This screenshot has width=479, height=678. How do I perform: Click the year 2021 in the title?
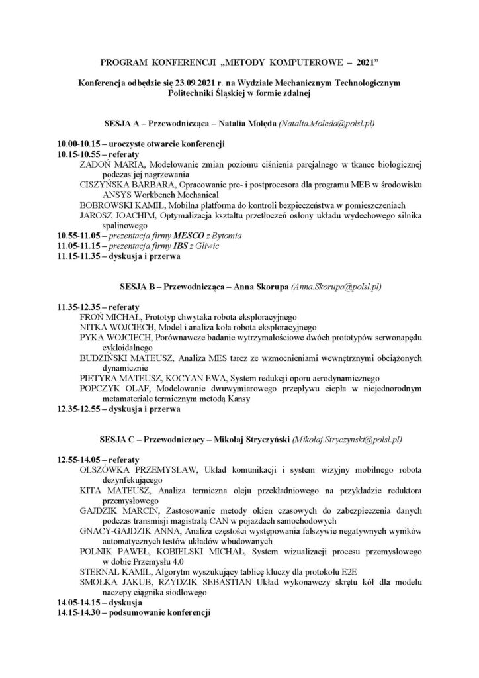coord(363,62)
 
